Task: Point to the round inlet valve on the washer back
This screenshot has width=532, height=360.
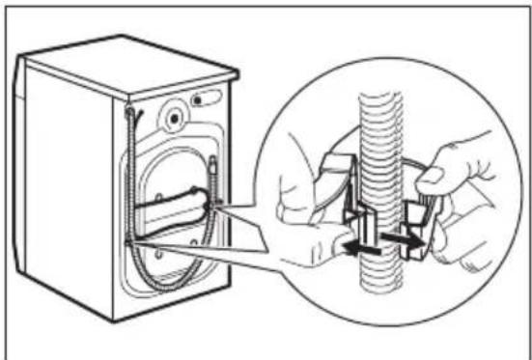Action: point(174,117)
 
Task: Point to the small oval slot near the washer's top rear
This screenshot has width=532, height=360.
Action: point(204,99)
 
